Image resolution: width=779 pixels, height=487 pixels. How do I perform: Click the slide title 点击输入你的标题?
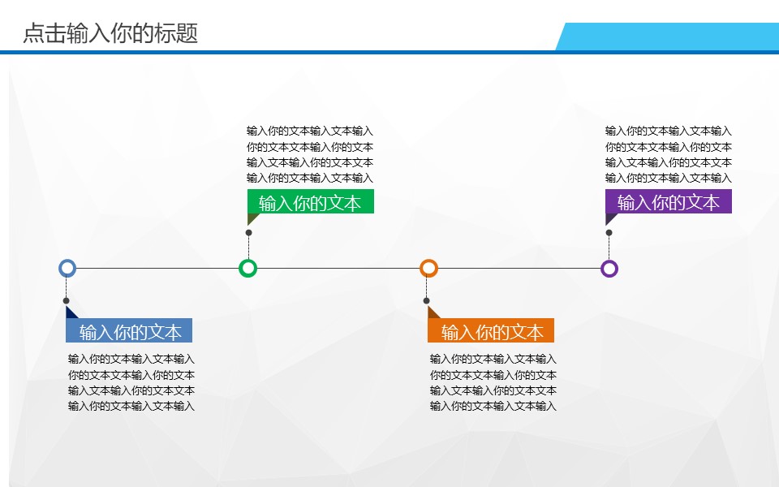[x=110, y=34]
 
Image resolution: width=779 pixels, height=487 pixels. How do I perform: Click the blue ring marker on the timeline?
[x=67, y=268]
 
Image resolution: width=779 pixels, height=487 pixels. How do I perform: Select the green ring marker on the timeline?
[x=248, y=268]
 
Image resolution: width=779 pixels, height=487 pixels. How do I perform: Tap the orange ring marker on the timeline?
[x=428, y=268]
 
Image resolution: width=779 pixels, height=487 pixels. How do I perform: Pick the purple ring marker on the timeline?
[x=609, y=268]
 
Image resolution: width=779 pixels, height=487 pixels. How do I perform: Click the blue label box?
[x=130, y=331]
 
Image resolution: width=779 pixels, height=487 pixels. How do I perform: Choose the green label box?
[x=311, y=202]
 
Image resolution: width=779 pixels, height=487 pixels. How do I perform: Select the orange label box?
[x=492, y=331]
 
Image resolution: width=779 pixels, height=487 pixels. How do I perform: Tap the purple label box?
[x=669, y=202]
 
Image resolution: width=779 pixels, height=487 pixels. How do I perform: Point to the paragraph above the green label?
[x=310, y=154]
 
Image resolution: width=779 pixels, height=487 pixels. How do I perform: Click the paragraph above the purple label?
[x=669, y=154]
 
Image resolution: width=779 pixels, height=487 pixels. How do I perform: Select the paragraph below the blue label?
[x=131, y=382]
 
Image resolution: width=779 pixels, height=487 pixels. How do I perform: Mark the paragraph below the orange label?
[x=493, y=382]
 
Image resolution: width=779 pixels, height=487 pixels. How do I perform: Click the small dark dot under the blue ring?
[x=67, y=301]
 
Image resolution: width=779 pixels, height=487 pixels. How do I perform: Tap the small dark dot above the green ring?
[x=248, y=233]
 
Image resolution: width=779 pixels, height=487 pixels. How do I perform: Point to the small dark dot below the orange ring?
[x=427, y=301]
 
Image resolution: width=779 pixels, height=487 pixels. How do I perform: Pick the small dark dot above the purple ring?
[x=609, y=233]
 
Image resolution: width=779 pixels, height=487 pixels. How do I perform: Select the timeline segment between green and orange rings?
[x=338, y=268]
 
